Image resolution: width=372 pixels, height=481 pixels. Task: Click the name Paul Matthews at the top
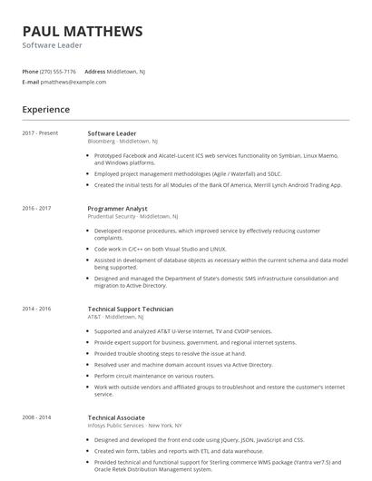(83, 31)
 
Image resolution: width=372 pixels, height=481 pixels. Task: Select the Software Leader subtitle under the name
(53, 45)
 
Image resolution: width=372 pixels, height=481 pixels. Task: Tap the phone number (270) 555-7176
(58, 71)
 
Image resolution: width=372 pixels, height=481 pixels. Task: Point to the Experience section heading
(46, 110)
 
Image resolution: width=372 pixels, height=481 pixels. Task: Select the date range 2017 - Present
(41, 133)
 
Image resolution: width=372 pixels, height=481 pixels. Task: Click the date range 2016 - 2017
(37, 208)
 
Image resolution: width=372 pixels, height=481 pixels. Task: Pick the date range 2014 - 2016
(37, 309)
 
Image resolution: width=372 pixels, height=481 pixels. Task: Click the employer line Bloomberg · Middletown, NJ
(123, 142)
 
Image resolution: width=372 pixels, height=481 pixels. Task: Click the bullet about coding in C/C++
(161, 249)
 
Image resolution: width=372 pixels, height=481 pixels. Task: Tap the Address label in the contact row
(95, 71)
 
